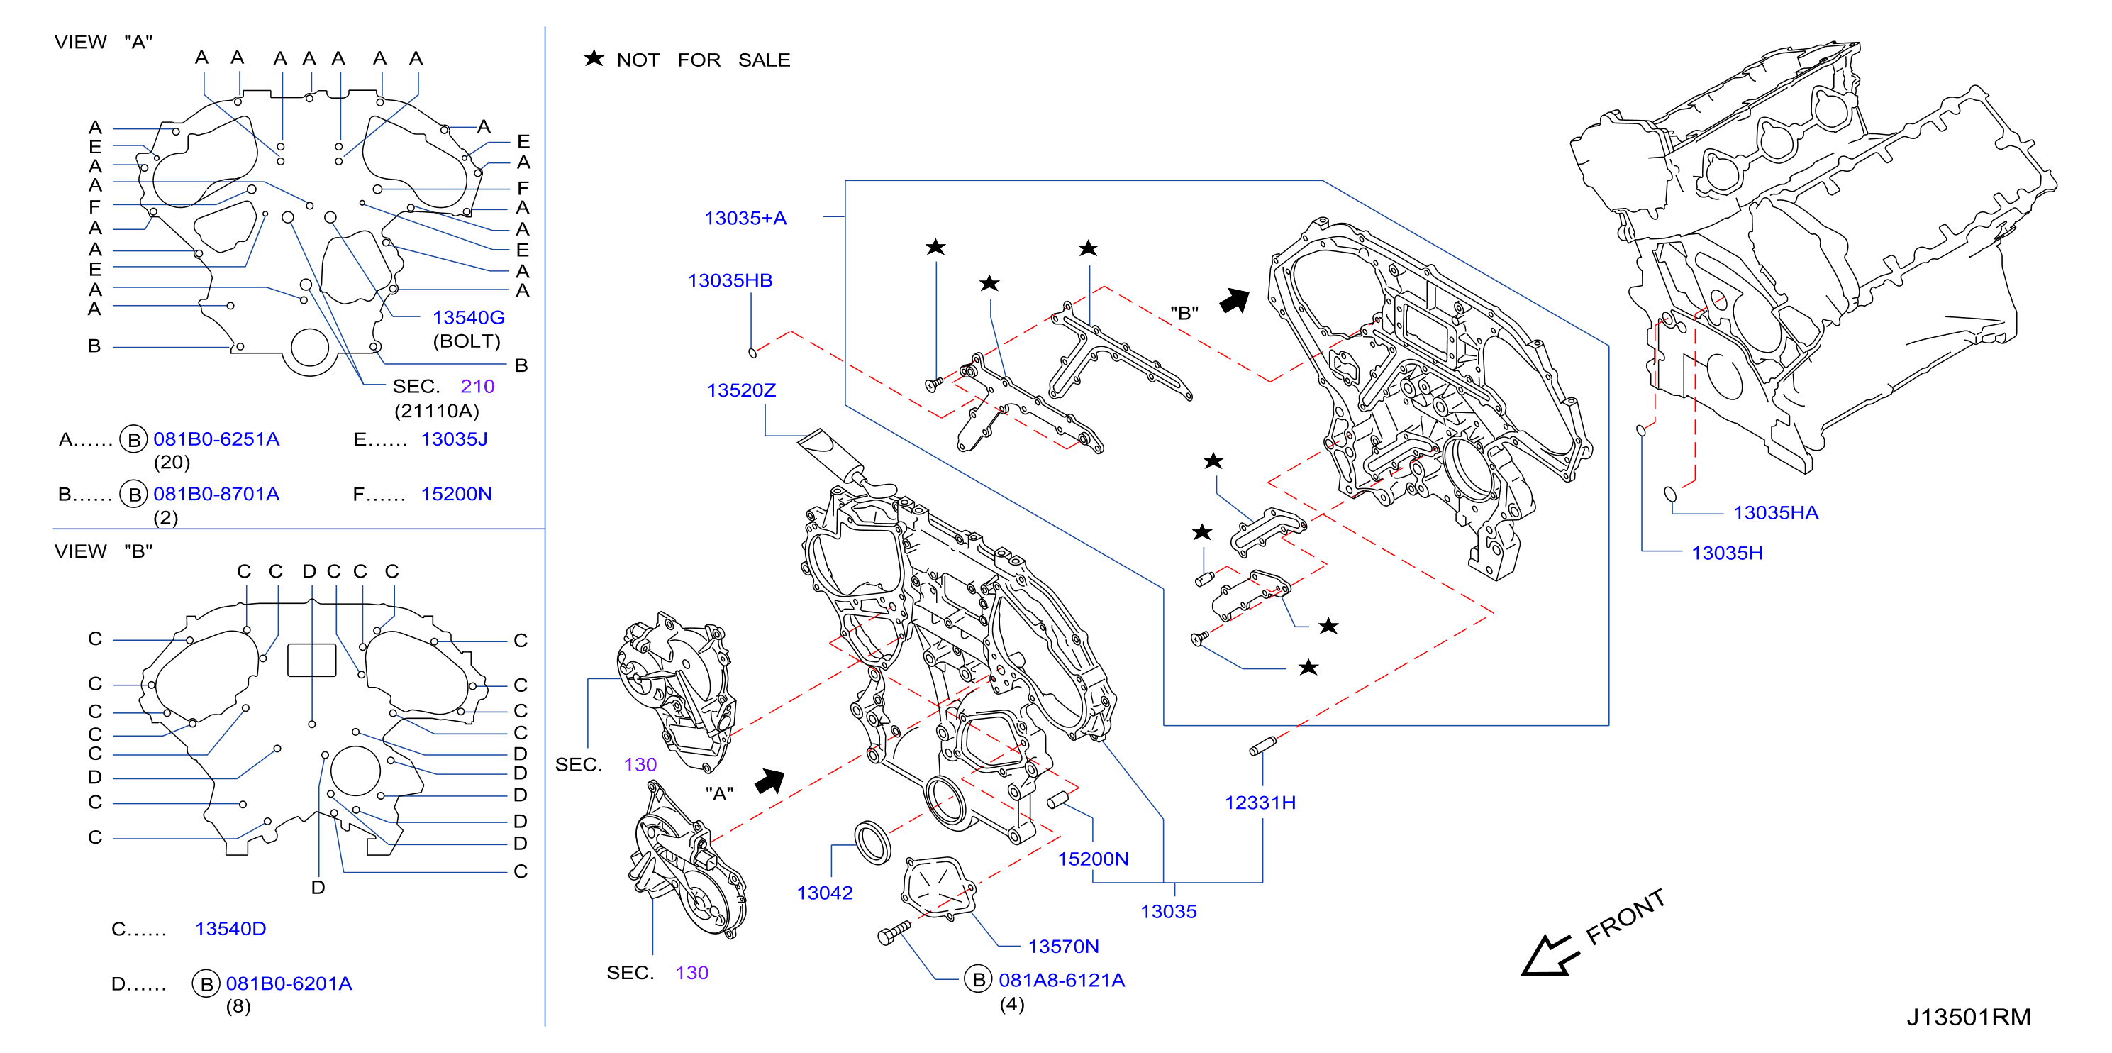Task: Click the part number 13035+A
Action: pyautogui.click(x=745, y=218)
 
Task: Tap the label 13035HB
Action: pyautogui.click(x=730, y=280)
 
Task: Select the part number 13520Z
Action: pyautogui.click(x=741, y=390)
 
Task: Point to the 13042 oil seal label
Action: pyautogui.click(x=825, y=893)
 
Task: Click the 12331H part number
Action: pyautogui.click(x=1260, y=803)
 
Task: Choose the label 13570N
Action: pyautogui.click(x=1063, y=947)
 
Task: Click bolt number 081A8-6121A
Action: pyautogui.click(x=1062, y=980)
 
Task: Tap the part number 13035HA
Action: pyautogui.click(x=1776, y=512)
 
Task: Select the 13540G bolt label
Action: pyautogui.click(x=468, y=317)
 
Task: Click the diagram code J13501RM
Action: pyautogui.click(x=1969, y=1017)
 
